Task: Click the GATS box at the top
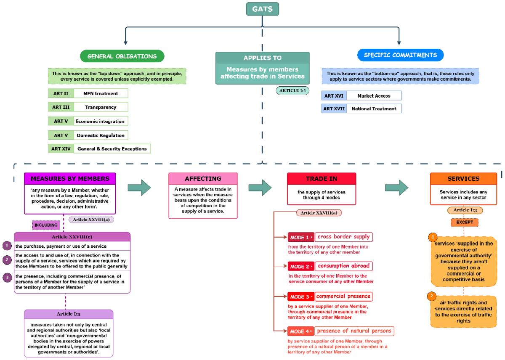[262, 9]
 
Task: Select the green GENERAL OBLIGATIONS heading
[122, 56]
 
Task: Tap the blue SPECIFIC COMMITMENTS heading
[400, 55]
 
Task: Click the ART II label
[61, 93]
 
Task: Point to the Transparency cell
[101, 107]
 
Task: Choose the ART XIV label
[61, 148]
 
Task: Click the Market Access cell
[374, 96]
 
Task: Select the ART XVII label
[334, 109]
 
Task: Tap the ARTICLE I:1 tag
[292, 90]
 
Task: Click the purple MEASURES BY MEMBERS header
[70, 179]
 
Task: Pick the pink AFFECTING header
[203, 179]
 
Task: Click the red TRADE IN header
[321, 179]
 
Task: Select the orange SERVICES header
[463, 179]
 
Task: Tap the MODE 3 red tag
[300, 297]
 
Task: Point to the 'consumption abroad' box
[343, 266]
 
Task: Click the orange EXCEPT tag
[465, 222]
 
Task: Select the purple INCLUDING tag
[46, 225]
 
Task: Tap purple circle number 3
[7, 277]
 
